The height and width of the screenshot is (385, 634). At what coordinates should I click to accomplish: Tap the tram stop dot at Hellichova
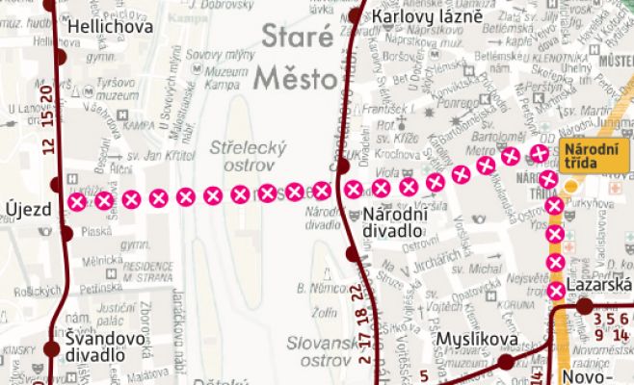click(x=61, y=57)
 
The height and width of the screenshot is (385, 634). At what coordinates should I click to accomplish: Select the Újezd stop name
click(x=23, y=209)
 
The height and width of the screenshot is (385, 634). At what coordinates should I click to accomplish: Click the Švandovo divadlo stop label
click(x=105, y=346)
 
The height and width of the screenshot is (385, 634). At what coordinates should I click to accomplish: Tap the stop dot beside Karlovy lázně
click(x=356, y=16)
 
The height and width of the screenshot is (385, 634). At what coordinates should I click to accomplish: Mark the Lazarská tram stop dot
click(x=584, y=306)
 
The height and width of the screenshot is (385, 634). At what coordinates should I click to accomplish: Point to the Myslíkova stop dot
click(x=506, y=363)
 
